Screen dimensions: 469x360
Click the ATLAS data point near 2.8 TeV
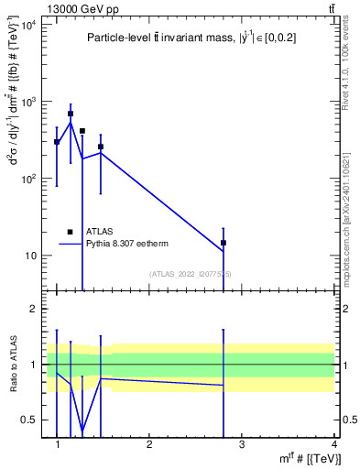223,243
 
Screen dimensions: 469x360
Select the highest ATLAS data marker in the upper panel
71,114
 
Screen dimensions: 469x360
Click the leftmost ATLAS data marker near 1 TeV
57,142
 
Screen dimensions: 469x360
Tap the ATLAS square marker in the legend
70,232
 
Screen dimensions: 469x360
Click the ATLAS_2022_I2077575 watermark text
190,273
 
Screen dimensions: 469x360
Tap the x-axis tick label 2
149,443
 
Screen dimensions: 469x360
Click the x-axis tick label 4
333,443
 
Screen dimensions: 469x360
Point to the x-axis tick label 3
241,443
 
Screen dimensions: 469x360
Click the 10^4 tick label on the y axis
28,25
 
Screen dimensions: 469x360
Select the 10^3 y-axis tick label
28,102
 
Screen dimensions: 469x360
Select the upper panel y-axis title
12,147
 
